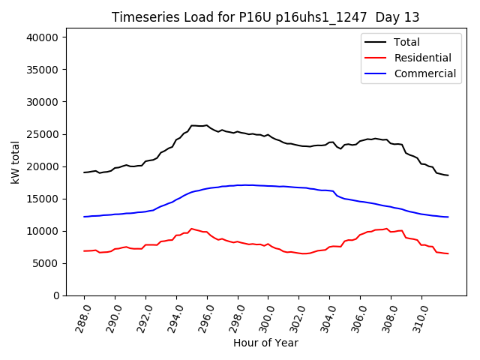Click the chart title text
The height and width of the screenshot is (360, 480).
[265, 17]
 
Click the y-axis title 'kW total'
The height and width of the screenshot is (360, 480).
[16, 163]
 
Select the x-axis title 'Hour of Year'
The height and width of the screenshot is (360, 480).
[265, 343]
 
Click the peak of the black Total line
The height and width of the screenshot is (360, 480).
[206, 125]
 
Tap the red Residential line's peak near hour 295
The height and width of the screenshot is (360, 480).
[191, 229]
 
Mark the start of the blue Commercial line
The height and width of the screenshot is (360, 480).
[84, 217]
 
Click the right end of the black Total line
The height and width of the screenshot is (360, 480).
[448, 175]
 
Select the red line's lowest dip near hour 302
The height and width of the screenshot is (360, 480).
[304, 253]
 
